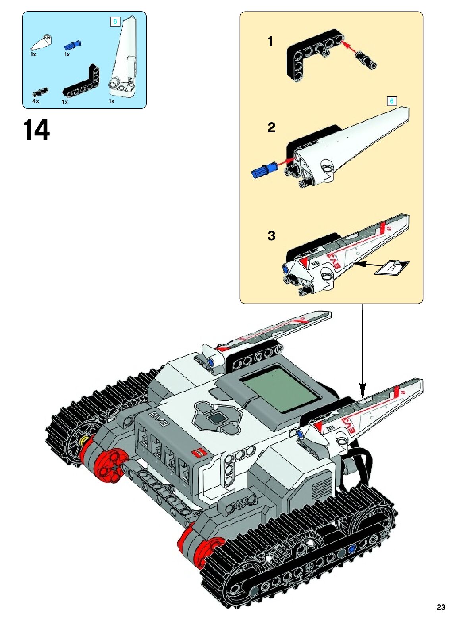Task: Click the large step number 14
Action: (x=36, y=130)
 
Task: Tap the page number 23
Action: (x=441, y=607)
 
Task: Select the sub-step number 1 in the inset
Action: (x=270, y=41)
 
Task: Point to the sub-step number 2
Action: (x=272, y=127)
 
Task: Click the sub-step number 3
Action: (x=272, y=236)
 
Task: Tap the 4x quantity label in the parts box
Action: (x=36, y=101)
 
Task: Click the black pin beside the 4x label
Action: (x=40, y=93)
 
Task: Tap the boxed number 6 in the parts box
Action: (x=115, y=22)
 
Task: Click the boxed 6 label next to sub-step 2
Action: (x=391, y=101)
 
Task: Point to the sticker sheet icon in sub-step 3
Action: (x=391, y=267)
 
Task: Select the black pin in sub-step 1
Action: (x=367, y=60)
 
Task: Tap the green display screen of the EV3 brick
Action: (x=281, y=389)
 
